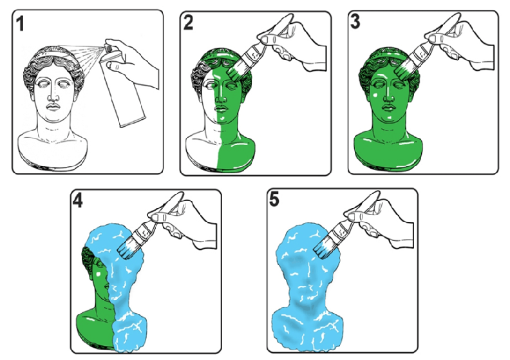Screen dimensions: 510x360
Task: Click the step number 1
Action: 21,24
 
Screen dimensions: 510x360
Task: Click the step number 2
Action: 188,23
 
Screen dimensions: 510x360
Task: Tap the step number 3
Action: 355,22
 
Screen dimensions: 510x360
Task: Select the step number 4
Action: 77,200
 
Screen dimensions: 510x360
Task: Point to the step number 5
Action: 274,199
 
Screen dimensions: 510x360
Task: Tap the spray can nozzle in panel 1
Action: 109,48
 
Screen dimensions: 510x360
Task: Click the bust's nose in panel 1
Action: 52,95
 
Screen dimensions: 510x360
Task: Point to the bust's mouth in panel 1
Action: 53,107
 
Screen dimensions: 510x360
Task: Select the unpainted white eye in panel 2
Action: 209,86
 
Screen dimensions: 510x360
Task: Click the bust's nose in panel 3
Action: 388,95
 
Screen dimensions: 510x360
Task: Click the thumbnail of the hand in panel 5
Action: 353,215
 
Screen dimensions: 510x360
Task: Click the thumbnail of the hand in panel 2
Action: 267,39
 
